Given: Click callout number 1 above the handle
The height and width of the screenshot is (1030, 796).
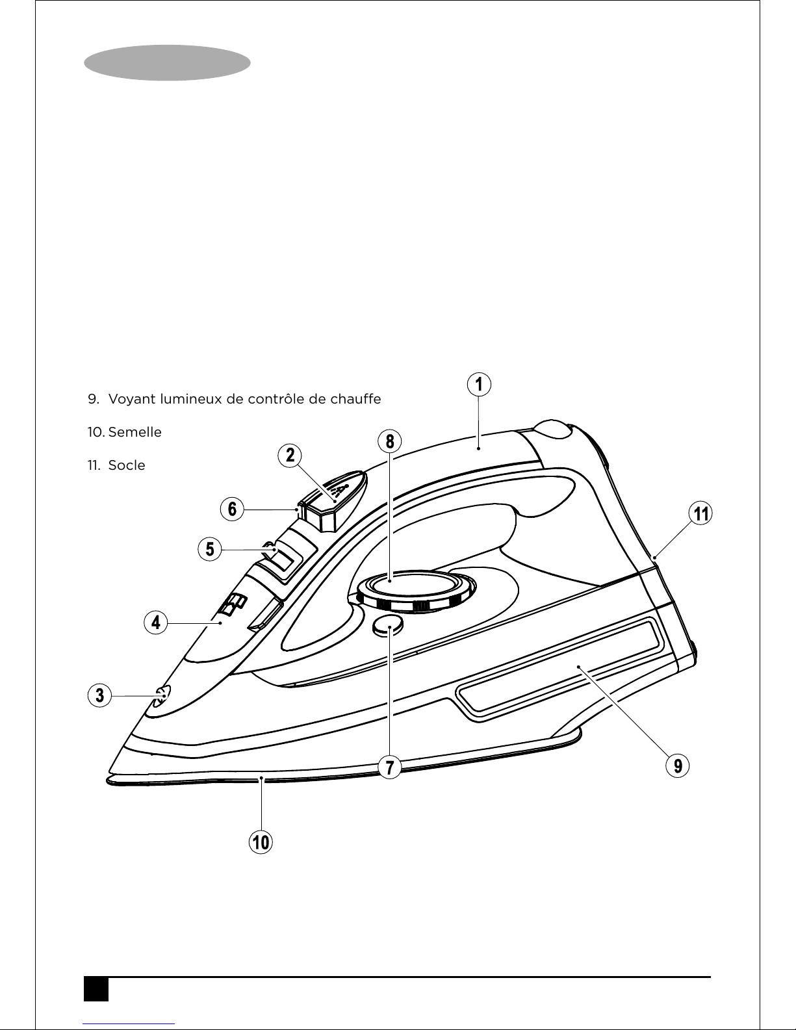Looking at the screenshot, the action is point(479,385).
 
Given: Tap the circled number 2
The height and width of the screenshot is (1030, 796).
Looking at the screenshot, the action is point(290,455).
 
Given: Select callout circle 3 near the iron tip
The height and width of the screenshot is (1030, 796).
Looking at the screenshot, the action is point(99,695).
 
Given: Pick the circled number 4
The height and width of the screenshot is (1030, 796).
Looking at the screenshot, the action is point(156,623).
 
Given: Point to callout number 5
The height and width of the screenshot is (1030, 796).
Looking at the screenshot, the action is point(209,549).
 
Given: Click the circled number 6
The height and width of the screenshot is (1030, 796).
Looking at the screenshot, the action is point(232,509).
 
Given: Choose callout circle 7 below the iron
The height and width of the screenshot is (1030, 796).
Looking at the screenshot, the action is point(389,767).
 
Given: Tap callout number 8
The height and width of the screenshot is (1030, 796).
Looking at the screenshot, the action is point(389,441).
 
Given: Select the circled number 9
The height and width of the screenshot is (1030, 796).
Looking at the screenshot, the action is point(678,766).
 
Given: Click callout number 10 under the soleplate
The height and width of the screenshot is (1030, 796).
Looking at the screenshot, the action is point(261,842).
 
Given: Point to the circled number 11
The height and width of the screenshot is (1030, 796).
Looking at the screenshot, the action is point(700,513).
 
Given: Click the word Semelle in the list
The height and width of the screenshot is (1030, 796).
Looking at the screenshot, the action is point(135,432).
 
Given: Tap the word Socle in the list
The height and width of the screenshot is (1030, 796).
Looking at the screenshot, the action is point(127,465).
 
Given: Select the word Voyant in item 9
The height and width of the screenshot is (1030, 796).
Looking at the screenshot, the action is point(132,400).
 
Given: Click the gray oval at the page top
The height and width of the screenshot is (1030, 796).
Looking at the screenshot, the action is point(167,62).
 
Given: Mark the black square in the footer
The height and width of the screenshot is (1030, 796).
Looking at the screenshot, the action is point(96,989).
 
